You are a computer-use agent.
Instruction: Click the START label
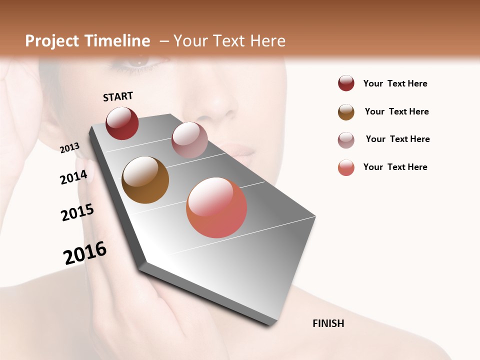pyautogui.click(x=118, y=96)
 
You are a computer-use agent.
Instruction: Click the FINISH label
pyautogui.click(x=328, y=323)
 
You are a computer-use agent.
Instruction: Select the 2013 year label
pyautogui.click(x=69, y=147)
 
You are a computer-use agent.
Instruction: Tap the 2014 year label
pyautogui.click(x=73, y=177)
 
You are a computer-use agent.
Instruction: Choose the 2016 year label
pyautogui.click(x=85, y=253)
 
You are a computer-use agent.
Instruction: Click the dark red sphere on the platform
pyautogui.click(x=122, y=123)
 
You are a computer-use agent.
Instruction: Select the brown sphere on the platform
pyautogui.click(x=145, y=180)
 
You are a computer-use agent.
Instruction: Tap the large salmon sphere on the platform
pyautogui.click(x=216, y=207)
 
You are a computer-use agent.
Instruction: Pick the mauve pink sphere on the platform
pyautogui.click(x=189, y=140)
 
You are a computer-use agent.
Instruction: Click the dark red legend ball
pyautogui.click(x=346, y=83)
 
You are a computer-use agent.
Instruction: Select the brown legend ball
pyautogui.click(x=346, y=112)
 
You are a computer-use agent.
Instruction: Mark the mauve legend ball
pyautogui.click(x=346, y=140)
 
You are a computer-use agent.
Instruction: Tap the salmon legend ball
pyautogui.click(x=346, y=167)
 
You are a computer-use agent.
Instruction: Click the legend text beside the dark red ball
pyautogui.click(x=395, y=84)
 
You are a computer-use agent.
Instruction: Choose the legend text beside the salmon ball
pyautogui.click(x=395, y=167)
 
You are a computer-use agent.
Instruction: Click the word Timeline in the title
pyautogui.click(x=117, y=41)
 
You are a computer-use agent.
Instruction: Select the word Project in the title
pyautogui.click(x=51, y=41)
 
